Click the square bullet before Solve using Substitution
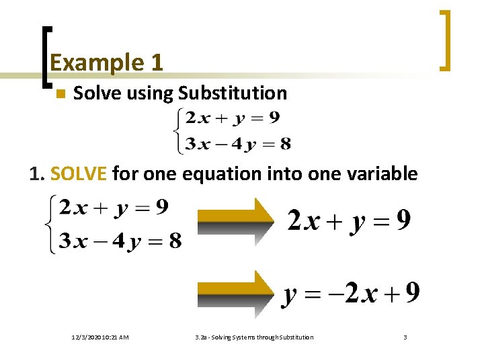pos(60,94)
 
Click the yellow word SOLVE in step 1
pos(79,174)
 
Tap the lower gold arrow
pos(235,292)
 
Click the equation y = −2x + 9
pos(352,293)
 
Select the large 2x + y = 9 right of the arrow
pos(349,220)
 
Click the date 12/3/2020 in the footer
pos(100,337)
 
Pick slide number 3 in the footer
pos(405,337)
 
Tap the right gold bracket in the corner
pos(444,40)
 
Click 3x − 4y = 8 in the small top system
pos(238,143)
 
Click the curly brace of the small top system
pos(177,131)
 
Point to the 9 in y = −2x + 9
pos(413,292)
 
